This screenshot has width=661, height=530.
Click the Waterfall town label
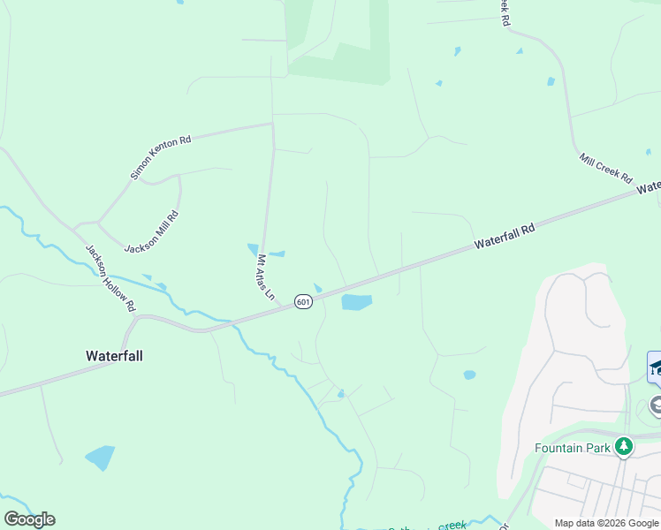coord(114,356)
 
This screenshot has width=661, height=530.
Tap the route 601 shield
coord(303,302)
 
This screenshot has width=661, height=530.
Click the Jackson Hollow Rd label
coord(110,276)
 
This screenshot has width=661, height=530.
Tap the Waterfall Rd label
coord(505,236)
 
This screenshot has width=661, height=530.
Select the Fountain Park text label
coord(573,448)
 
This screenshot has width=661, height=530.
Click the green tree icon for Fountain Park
coord(624,447)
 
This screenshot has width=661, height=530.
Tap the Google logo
coord(29,519)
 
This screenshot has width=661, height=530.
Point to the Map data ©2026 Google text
coord(607,523)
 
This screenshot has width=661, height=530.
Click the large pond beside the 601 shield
coord(356,302)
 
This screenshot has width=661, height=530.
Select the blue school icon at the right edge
coord(656,367)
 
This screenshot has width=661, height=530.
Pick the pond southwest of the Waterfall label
coord(100,458)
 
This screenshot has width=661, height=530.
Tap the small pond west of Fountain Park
coord(469,375)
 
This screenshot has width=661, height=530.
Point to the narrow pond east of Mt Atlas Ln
coord(277,254)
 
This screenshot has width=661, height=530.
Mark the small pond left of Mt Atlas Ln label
coord(253,249)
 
